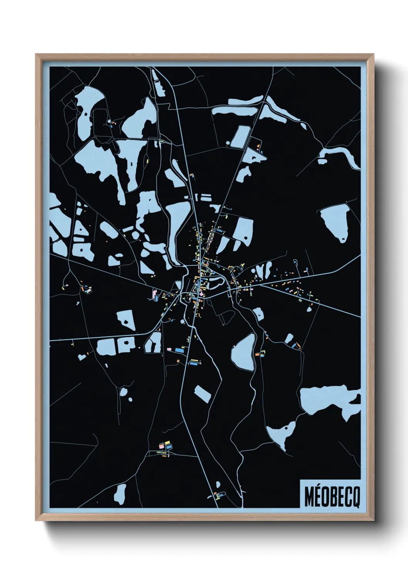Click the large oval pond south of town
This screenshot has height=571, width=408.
tap(243, 351)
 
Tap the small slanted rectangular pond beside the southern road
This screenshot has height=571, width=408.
tap(202, 393)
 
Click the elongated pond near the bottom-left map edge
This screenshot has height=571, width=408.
tap(120, 492)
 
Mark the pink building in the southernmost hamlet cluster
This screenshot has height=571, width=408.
tap(162, 446)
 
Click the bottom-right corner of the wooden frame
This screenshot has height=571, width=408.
tap(374, 520)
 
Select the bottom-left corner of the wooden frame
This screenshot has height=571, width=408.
tap(36, 520)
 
